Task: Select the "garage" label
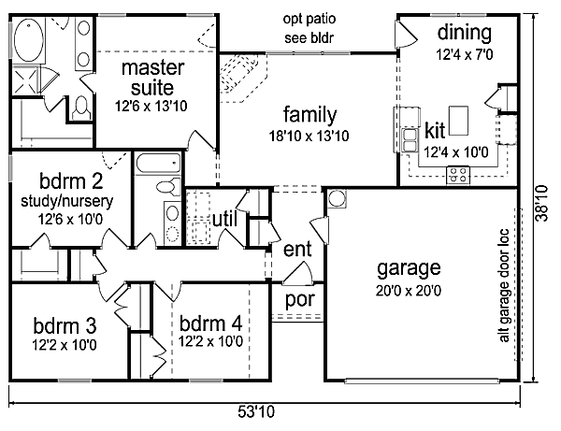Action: point(408,269)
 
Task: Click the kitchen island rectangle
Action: point(458,120)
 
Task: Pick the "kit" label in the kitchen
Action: point(435,129)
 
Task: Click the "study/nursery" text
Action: point(64,200)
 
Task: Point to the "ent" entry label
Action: point(297,250)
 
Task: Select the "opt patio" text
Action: point(309,20)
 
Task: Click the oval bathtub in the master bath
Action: point(32,41)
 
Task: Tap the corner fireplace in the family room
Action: point(241,74)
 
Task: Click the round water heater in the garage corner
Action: point(338,198)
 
